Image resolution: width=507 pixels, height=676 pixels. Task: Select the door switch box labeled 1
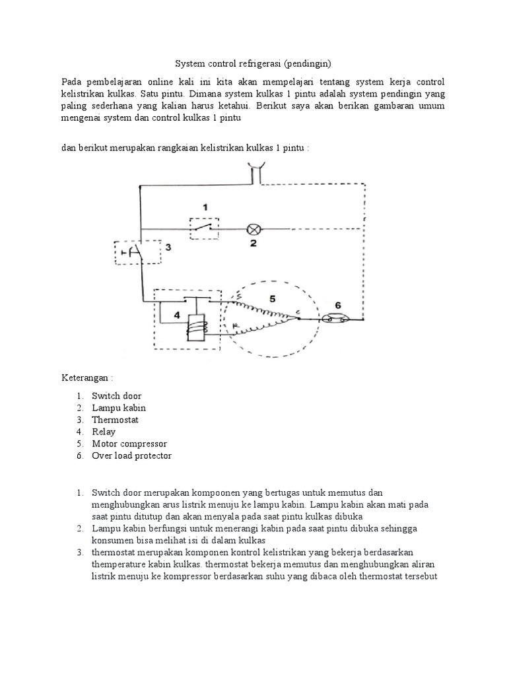tap(205, 229)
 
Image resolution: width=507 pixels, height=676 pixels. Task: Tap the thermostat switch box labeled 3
tap(135, 253)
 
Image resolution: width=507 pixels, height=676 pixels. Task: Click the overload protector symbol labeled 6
tap(337, 319)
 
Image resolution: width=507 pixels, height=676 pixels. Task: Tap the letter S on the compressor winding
tap(238, 297)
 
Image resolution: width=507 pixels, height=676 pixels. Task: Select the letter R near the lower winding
tap(235, 325)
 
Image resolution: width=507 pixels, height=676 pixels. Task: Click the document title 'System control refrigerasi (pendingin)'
tap(253, 64)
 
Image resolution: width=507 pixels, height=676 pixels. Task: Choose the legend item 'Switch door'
tap(116, 396)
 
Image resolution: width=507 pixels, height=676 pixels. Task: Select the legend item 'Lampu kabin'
tap(119, 408)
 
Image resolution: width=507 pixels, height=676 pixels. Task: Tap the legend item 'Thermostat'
tap(116, 420)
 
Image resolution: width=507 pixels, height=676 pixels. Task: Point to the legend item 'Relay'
tap(104, 432)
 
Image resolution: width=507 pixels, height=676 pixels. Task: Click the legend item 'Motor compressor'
tap(129, 444)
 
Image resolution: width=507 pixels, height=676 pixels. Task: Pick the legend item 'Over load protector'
tap(131, 456)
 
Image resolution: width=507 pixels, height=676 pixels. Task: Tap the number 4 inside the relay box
tap(177, 316)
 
